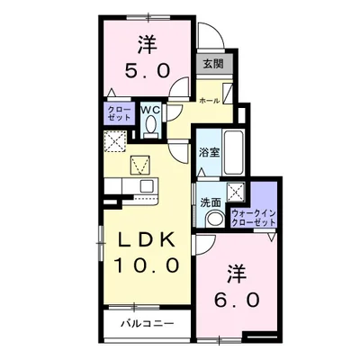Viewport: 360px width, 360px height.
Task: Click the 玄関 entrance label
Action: coord(213,64)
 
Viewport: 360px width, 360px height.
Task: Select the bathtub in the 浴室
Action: coord(234,152)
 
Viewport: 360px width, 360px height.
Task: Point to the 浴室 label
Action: coord(209,153)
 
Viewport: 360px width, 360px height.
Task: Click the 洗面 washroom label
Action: coord(211,202)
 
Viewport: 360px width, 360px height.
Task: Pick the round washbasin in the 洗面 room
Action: coord(215,219)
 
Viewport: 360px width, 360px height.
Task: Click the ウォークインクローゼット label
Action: coord(253,218)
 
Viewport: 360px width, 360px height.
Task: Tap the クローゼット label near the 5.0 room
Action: coord(119,113)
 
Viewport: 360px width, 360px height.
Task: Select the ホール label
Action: coord(210,101)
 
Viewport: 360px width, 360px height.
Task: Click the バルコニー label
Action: coord(148,324)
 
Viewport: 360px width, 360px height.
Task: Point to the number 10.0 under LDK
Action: coord(147,265)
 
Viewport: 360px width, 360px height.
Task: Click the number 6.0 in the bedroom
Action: coord(237,301)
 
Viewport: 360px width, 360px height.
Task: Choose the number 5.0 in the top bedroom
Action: coord(148,70)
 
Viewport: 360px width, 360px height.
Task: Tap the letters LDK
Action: coord(147,240)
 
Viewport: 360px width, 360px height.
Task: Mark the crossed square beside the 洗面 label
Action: coord(236,190)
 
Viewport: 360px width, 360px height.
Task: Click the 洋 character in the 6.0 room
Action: coord(237,274)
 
